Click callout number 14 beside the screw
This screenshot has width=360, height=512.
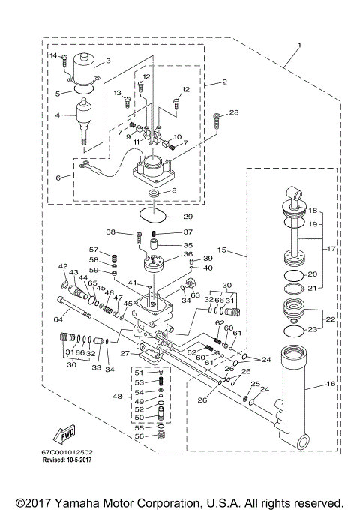[x=53, y=55]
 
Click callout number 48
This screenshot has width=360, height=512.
[x=117, y=396]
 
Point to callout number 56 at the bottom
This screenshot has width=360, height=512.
[x=139, y=436]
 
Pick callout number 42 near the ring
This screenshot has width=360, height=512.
[x=63, y=265]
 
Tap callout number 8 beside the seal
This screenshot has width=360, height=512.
[x=174, y=191]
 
